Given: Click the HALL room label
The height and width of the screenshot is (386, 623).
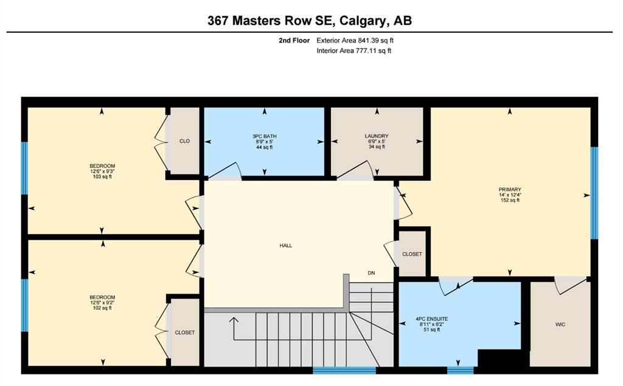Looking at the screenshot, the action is click(286, 246).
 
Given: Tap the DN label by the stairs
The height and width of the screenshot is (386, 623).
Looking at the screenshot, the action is click(371, 273).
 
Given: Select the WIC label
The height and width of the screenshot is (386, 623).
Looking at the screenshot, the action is click(560, 325).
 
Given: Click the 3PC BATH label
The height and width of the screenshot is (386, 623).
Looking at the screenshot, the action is click(264, 136).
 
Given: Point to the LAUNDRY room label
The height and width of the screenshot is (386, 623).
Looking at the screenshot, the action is click(377, 136).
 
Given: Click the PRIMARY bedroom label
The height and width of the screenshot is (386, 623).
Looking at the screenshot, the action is click(510, 190).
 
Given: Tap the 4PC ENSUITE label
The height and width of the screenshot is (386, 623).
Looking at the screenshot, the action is click(432, 319).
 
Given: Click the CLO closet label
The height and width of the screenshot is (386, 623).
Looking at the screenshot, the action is click(184, 141).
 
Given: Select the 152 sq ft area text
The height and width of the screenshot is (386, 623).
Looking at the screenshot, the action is click(510, 200).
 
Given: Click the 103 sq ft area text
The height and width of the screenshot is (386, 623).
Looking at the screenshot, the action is click(102, 176).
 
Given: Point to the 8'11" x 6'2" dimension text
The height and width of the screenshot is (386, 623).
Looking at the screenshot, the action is click(432, 324).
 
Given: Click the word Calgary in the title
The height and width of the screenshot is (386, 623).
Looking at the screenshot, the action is click(364, 21).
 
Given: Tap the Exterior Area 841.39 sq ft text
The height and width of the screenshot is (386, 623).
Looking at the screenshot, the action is click(355, 40).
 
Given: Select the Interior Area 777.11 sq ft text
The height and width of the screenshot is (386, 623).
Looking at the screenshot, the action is click(354, 50).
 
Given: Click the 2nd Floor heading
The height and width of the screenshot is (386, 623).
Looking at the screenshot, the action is click(294, 40).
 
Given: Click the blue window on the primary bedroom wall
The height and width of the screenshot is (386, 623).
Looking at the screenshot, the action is click(594, 193).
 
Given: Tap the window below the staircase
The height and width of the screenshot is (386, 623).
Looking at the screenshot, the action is click(344, 371).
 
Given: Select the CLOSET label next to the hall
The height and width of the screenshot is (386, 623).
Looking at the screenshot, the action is click(412, 253).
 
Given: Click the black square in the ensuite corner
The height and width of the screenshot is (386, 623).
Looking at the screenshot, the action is click(499, 358).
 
